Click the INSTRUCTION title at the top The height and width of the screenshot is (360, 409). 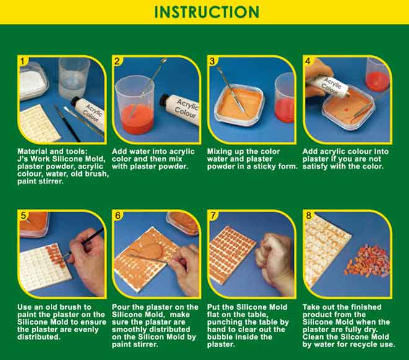(207, 12)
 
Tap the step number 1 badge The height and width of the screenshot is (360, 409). (23, 61)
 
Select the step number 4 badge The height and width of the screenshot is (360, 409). (308, 61)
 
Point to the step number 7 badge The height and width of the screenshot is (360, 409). (213, 216)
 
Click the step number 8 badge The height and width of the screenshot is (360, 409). (309, 216)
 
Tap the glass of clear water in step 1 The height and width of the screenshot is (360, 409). (74, 77)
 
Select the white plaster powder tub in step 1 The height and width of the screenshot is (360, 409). (33, 81)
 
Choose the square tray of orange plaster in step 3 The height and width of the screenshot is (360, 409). (239, 106)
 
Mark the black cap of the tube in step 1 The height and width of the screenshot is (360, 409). (75, 102)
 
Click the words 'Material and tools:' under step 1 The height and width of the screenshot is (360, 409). (53, 152)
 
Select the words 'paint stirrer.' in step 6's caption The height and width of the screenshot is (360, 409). (135, 345)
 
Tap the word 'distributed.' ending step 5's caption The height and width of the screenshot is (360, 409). (39, 337)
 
